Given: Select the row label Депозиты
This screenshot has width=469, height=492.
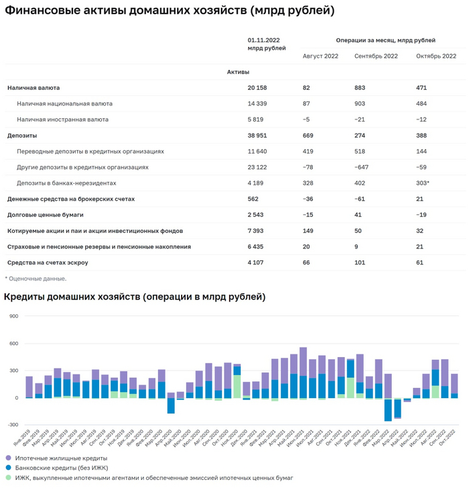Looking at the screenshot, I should pyautogui.click(x=22, y=136).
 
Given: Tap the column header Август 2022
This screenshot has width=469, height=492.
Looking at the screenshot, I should pyautogui.click(x=320, y=56).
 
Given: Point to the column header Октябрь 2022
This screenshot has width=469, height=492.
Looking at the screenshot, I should pyautogui.click(x=436, y=56).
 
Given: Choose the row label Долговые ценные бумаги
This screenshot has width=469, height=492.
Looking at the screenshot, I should pyautogui.click(x=45, y=215).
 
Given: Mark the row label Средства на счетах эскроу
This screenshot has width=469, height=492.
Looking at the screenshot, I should pyautogui.click(x=48, y=262).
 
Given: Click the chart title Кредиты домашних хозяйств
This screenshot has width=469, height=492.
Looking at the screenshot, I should pyautogui.click(x=134, y=297).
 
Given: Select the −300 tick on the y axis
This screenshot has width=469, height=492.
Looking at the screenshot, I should pyautogui.click(x=11, y=425).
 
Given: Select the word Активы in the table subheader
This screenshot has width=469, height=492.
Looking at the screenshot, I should pyautogui.click(x=238, y=72).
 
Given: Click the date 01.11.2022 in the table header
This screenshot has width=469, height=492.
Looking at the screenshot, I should pyautogui.click(x=263, y=40).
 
